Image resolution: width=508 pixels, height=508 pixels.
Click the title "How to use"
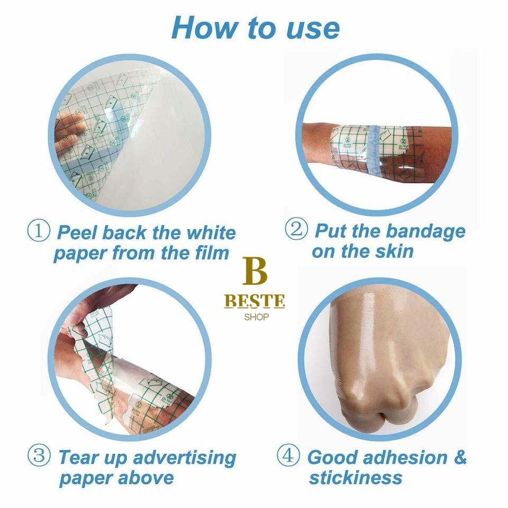coord(255,28)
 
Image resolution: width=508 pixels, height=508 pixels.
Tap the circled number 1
coord(39,230)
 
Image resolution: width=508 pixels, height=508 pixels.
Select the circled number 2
coord(296,229)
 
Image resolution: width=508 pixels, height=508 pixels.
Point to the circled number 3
coord(39,455)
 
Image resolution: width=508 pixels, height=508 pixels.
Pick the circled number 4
coord(288,455)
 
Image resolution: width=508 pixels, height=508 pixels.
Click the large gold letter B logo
coord(255,271)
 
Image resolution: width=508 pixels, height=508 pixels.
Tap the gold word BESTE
coord(255,301)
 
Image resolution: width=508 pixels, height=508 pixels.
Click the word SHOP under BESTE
coord(256,317)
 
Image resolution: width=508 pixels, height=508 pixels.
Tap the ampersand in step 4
coord(460,457)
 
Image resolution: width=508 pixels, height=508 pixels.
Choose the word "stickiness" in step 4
coord(356,477)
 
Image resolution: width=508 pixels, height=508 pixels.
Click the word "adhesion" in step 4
coord(405,457)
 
